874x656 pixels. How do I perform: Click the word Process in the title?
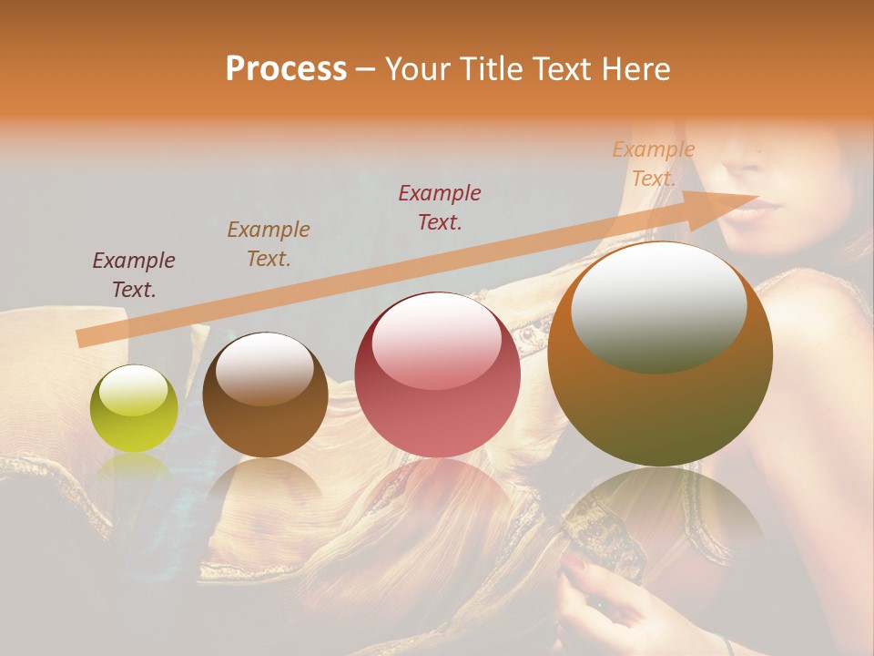click(x=286, y=69)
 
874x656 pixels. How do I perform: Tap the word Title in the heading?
click(x=491, y=69)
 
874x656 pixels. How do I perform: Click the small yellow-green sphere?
click(x=134, y=408)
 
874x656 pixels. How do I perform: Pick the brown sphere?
click(x=265, y=395)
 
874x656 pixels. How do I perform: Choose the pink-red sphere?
click(x=437, y=375)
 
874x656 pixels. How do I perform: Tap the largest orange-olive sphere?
click(x=660, y=354)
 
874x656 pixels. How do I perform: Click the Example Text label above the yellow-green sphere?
click(x=134, y=275)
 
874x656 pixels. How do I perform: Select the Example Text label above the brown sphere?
click(x=269, y=243)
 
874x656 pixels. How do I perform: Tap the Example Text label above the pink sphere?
click(x=440, y=207)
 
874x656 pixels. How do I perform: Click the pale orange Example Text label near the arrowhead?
click(x=654, y=164)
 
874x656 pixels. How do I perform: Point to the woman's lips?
click(x=752, y=209)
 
